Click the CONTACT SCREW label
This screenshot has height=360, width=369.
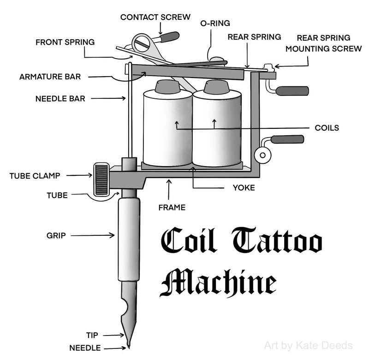point(155,17)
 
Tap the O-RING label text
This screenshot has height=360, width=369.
point(215,23)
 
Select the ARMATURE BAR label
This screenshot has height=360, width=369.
point(50,77)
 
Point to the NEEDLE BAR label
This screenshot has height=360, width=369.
point(60,98)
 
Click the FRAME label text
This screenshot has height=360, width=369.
point(172,208)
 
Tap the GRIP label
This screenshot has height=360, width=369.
point(56,235)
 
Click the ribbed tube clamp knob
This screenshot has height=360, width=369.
point(101,180)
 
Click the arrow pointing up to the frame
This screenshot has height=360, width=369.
point(169,189)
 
